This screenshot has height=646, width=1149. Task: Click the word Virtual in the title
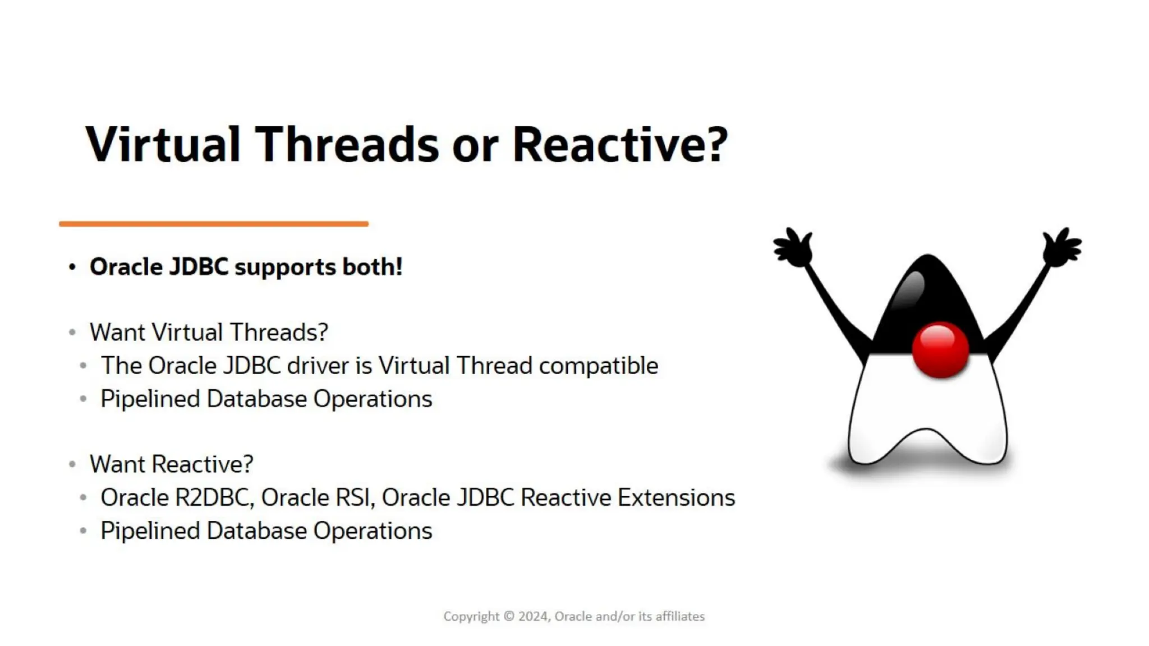(163, 145)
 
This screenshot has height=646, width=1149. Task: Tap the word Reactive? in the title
(620, 145)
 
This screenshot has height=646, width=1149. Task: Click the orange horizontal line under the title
(213, 224)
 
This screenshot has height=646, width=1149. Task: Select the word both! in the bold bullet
(373, 267)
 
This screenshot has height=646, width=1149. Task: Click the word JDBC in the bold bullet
(199, 267)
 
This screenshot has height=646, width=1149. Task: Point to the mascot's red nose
(940, 349)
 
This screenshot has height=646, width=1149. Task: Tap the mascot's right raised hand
(1061, 247)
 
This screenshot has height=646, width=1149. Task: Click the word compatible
(598, 366)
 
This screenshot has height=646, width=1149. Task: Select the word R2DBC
(213, 498)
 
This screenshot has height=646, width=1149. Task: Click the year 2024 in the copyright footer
(532, 616)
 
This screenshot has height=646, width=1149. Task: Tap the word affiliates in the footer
(680, 616)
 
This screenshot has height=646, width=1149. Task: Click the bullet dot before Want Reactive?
(72, 464)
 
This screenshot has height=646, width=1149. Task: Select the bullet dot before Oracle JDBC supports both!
(72, 267)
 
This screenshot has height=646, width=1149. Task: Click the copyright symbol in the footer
(509, 616)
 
